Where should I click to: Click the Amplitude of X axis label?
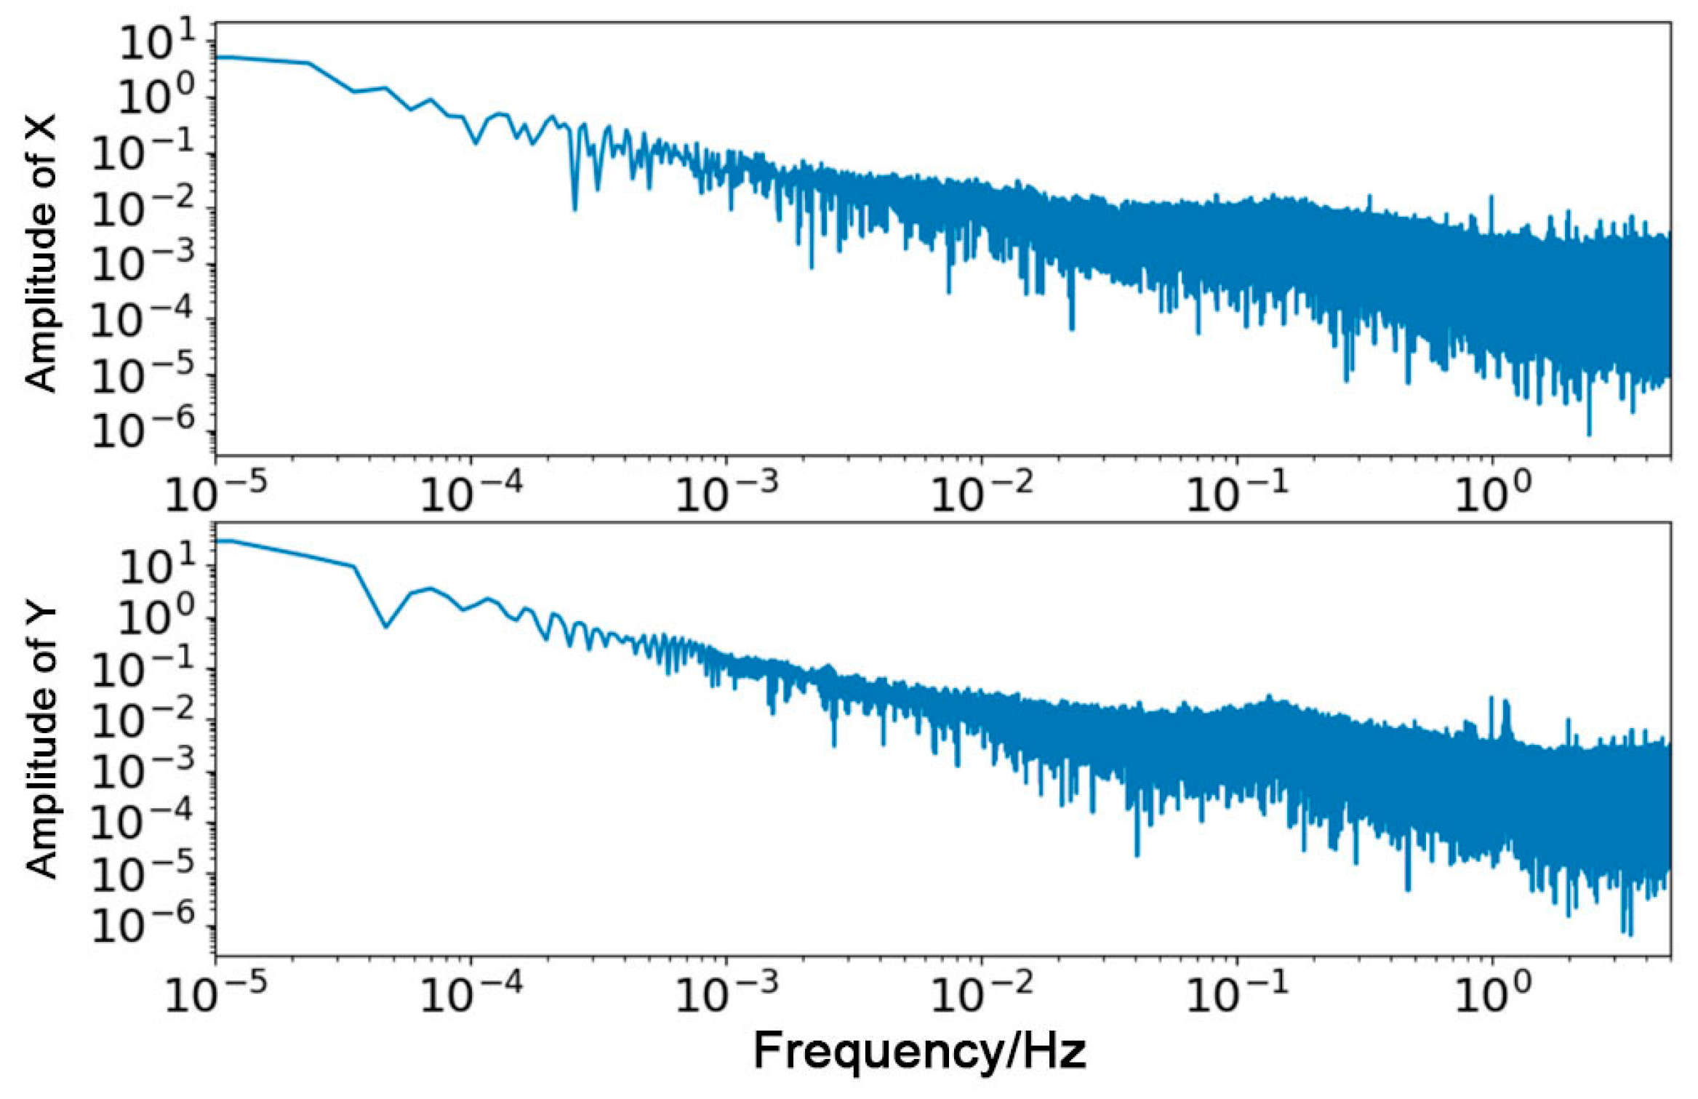(x=41, y=252)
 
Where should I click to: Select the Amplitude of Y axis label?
(x=41, y=741)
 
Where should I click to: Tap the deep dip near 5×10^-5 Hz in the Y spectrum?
(x=386, y=626)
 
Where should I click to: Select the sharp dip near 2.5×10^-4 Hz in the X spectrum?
(x=574, y=208)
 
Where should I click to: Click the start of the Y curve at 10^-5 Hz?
(x=218, y=540)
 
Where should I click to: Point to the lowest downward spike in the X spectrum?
(x=1588, y=433)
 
